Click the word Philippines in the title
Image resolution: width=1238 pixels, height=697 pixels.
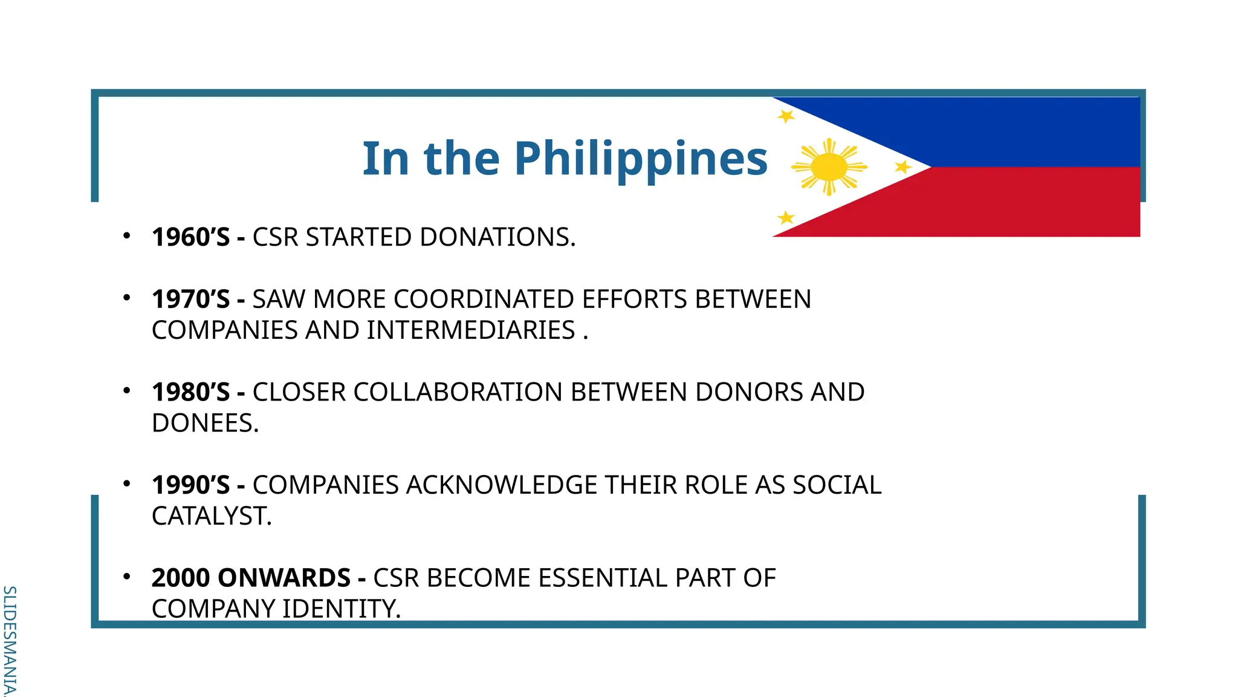[641, 159]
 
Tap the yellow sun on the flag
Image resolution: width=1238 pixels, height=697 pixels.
[829, 167]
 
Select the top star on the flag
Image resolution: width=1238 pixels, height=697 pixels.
[785, 116]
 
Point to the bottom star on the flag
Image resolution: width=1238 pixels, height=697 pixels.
[786, 217]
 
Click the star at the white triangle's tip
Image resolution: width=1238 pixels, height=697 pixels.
[903, 167]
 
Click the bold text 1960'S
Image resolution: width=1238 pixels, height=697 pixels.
[190, 237]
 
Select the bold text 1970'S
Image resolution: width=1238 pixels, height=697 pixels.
[190, 299]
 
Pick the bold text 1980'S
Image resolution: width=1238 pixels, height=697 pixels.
[190, 392]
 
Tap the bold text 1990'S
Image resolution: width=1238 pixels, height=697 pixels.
[190, 485]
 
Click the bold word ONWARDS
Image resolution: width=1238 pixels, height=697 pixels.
[284, 578]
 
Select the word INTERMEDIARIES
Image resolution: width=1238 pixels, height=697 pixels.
[471, 330]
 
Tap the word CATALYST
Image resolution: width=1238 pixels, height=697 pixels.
[212, 516]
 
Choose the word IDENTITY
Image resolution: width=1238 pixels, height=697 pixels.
[341, 609]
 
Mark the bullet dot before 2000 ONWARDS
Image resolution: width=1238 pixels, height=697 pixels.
[126, 577]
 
